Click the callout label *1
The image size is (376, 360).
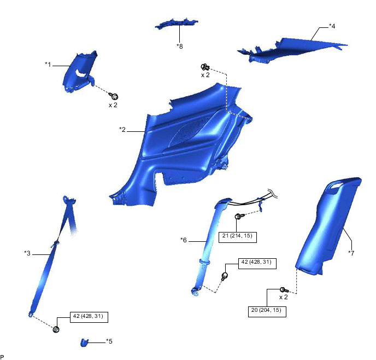pos(48,65)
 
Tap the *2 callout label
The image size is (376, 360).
pos(122,130)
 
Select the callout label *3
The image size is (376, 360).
pos(27,253)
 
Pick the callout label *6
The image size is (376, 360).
pos(184,239)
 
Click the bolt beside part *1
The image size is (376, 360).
pos(115,96)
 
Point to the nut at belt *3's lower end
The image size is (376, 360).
pos(56,329)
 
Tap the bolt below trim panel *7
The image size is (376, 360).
pos(283,289)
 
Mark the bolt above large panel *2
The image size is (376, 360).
pos(205,67)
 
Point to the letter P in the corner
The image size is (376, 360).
pos(3,356)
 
